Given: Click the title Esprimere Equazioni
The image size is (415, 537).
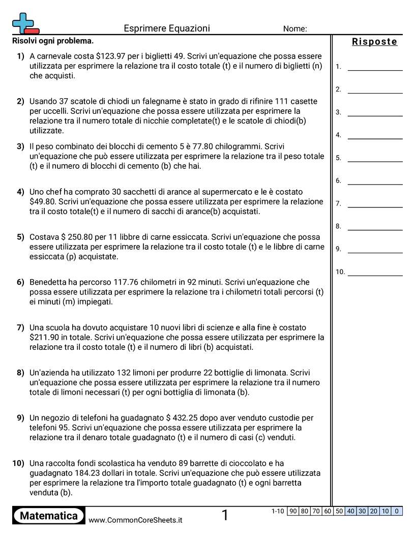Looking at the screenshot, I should point(167,28).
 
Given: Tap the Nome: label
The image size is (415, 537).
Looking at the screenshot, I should point(295,29).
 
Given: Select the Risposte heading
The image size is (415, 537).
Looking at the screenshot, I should point(374,42).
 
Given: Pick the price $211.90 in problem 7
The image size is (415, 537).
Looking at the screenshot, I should point(47,337).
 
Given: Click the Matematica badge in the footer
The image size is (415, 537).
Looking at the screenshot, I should point(49,516).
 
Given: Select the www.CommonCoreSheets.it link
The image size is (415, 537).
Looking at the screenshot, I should point(135,520).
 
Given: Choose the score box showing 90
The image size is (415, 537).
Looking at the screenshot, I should point(293,511).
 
